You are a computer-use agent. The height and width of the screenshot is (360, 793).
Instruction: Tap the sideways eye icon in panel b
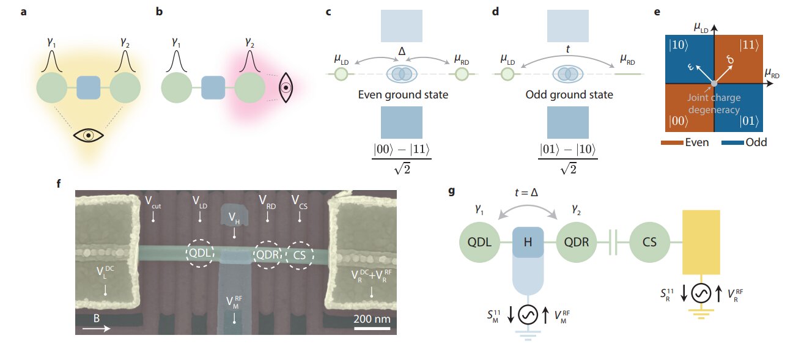284,88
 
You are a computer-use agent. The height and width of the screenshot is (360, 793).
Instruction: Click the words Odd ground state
569,95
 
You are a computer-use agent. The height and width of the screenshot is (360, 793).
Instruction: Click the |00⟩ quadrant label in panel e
682,121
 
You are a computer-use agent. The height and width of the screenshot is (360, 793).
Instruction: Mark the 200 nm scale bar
372,329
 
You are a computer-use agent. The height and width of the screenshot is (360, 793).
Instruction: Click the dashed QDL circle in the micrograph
201,254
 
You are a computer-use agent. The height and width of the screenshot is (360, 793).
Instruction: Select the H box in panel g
527,241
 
